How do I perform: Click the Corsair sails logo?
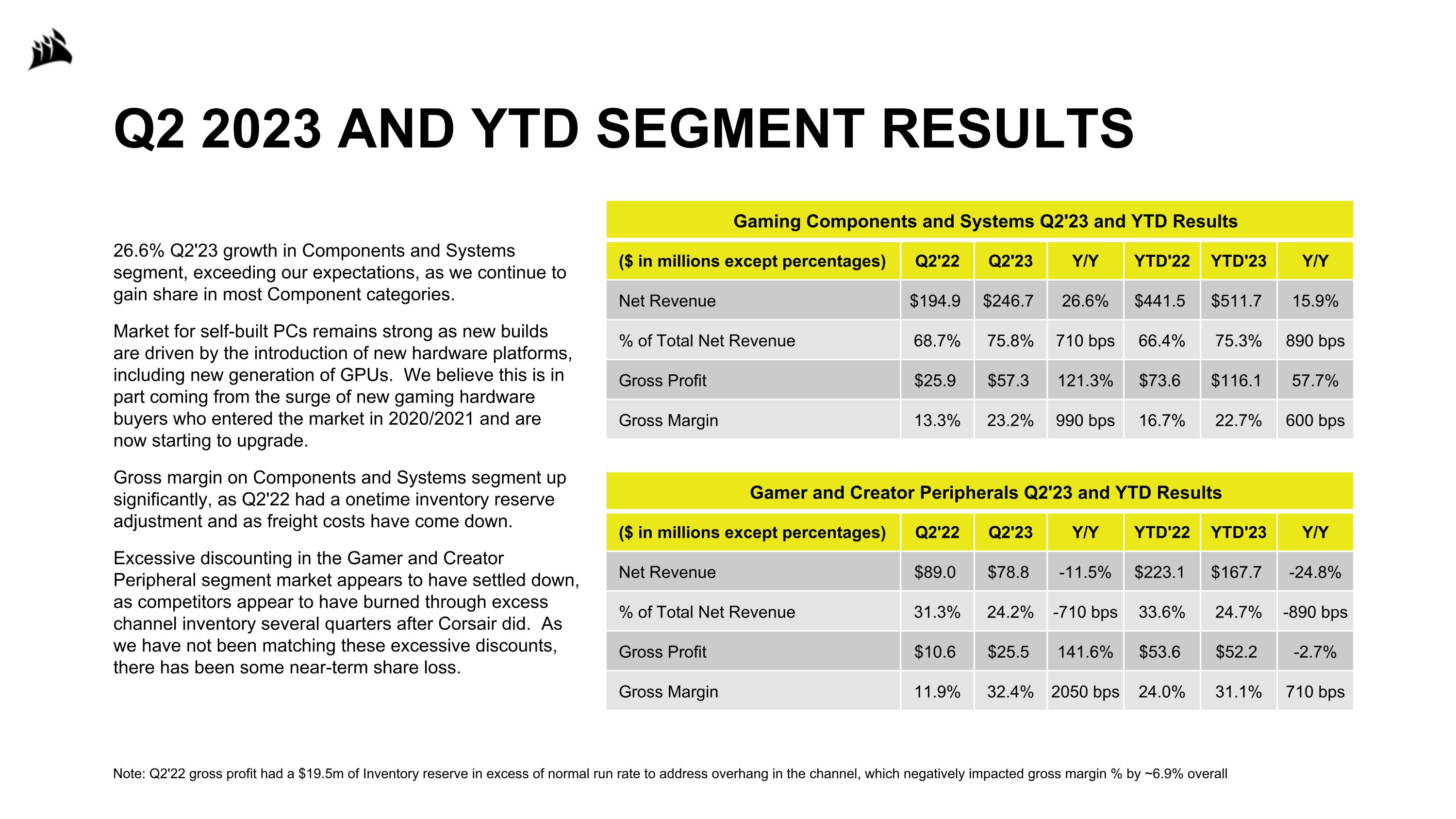pyautogui.click(x=50, y=50)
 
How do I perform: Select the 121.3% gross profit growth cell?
pyautogui.click(x=1085, y=381)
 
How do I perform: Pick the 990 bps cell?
pyautogui.click(x=1085, y=420)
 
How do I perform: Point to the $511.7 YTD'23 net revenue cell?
pyautogui.click(x=1236, y=301)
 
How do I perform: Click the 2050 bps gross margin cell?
pyautogui.click(x=1085, y=692)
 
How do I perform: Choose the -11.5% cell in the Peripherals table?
pyautogui.click(x=1085, y=572)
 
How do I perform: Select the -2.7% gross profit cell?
pyautogui.click(x=1315, y=652)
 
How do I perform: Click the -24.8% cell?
pyautogui.click(x=1315, y=572)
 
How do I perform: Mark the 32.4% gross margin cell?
pyautogui.click(x=1010, y=692)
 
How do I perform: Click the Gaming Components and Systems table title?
pyautogui.click(x=985, y=221)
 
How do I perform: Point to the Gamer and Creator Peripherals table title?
pyautogui.click(x=985, y=492)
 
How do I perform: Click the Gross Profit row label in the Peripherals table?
pyautogui.click(x=662, y=652)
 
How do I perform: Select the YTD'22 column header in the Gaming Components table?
pyautogui.click(x=1161, y=261)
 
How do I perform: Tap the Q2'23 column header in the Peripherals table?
pyautogui.click(x=1010, y=533)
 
